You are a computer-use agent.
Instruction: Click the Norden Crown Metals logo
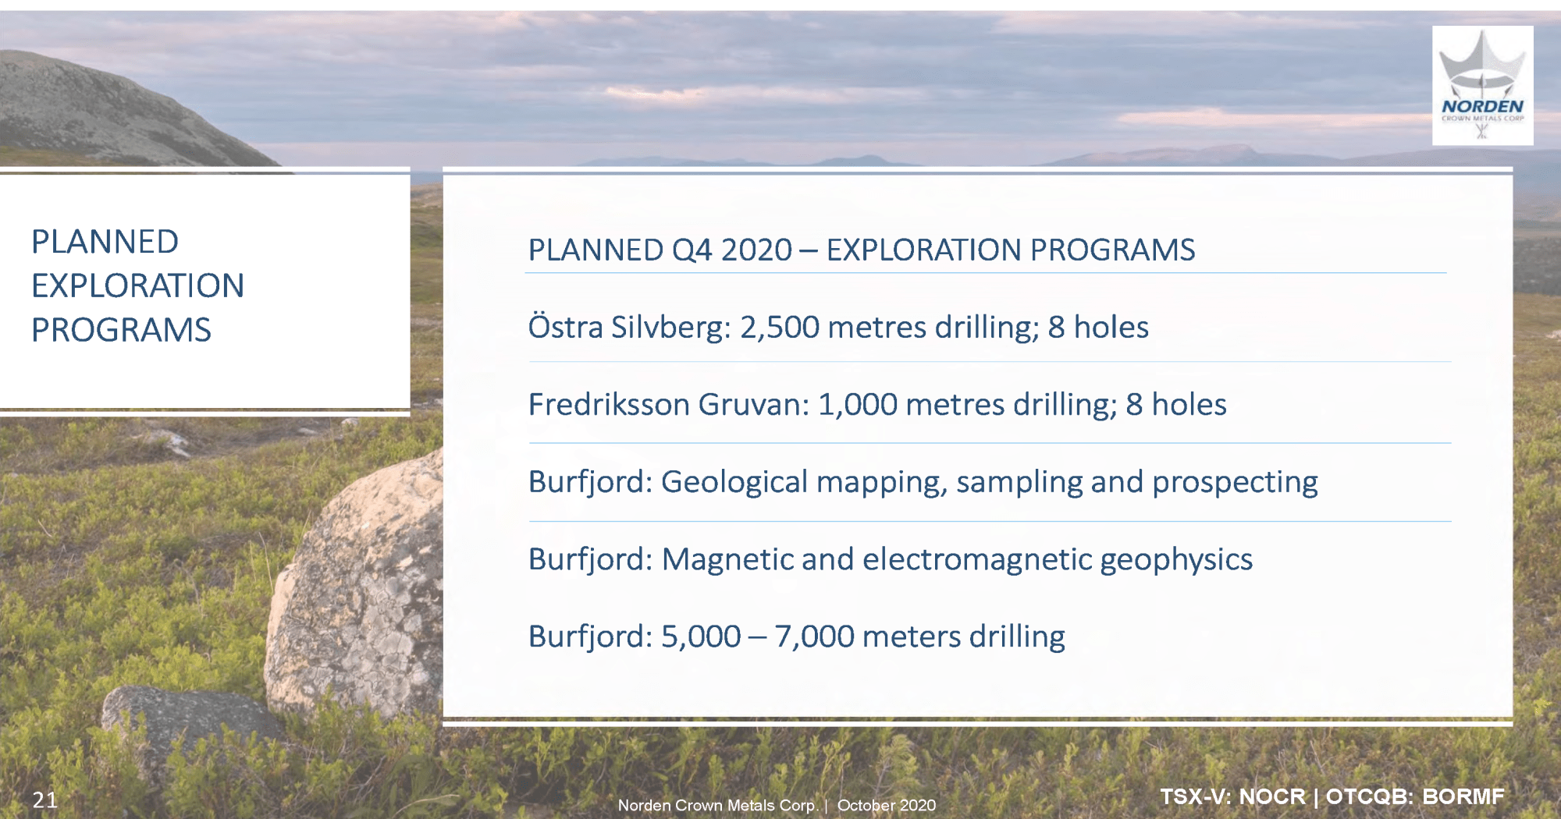(1482, 86)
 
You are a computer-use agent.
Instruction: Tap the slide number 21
(45, 799)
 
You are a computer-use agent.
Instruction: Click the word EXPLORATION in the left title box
(137, 285)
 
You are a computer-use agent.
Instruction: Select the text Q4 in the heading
(692, 250)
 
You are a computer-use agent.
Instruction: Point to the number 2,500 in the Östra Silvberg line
(780, 328)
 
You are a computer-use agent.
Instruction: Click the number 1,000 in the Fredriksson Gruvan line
(858, 405)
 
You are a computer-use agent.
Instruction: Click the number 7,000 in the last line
(814, 636)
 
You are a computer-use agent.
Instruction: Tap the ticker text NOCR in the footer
(1272, 796)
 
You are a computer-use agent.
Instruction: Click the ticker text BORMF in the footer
(1463, 796)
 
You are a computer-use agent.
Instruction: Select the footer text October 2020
(887, 805)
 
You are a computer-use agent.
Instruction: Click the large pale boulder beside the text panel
(355, 585)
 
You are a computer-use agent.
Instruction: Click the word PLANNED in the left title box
(105, 242)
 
